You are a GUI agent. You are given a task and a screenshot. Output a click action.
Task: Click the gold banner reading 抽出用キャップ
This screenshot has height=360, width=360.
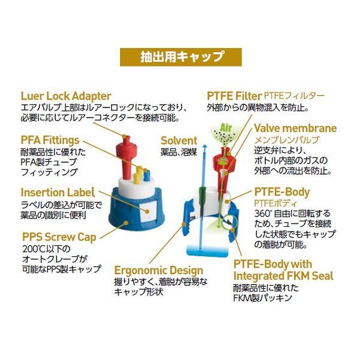[181, 57]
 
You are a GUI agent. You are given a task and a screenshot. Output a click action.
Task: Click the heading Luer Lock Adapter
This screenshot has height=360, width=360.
[66, 96]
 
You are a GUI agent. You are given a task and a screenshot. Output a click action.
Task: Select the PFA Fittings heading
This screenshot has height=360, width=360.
[50, 140]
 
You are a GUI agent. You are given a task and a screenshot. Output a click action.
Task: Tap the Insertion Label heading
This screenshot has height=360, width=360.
[58, 192]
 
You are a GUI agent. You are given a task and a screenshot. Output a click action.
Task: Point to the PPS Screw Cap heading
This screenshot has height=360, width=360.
[59, 238]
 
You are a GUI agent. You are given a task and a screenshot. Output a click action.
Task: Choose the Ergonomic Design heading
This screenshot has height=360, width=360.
[158, 271]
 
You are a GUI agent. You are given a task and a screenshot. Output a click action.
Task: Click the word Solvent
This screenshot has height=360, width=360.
[179, 141]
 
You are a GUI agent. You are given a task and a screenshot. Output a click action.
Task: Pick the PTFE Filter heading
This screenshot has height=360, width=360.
[234, 96]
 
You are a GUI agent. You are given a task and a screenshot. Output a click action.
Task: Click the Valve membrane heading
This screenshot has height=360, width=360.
[295, 128]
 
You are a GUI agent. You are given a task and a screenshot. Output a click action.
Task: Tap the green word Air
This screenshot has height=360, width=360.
[226, 128]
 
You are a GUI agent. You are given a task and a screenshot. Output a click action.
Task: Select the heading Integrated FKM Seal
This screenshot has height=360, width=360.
[283, 276]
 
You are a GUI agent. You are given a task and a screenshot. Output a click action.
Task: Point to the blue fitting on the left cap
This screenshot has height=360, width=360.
[146, 176]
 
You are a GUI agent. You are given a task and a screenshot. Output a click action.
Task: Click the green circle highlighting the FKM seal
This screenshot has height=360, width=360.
[230, 222]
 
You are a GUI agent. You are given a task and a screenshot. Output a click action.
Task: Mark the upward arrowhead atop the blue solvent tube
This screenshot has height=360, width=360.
[205, 147]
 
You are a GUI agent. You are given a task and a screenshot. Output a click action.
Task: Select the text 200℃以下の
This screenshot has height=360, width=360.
[46, 249]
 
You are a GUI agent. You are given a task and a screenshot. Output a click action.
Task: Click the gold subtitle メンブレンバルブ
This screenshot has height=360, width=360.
[287, 140]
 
